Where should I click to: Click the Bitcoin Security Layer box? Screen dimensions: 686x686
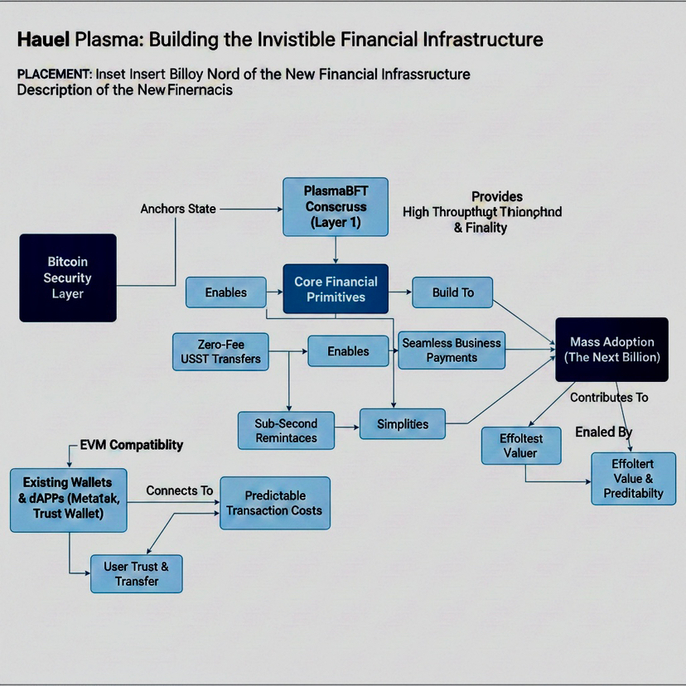67,278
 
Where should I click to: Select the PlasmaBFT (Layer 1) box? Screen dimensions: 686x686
335,206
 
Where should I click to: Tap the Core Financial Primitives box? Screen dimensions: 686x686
336,289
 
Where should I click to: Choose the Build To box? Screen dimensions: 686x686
452,292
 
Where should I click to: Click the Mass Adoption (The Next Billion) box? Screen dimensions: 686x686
611,349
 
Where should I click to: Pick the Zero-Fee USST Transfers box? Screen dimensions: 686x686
220,350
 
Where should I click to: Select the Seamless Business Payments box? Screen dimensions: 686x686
452,350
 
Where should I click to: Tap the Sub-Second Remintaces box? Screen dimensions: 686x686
286,430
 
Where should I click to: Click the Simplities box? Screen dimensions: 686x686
403,424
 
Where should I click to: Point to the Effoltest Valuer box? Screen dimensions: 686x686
520,446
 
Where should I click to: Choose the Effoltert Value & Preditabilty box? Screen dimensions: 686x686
633,479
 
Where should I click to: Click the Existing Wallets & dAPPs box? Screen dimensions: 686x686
68,499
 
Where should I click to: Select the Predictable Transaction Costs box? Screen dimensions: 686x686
274,503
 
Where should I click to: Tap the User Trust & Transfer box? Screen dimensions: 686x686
136,573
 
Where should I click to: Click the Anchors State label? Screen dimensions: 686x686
178,209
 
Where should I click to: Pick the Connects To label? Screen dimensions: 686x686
179,490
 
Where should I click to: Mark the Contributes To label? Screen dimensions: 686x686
609,398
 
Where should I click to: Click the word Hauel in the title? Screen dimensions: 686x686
43,39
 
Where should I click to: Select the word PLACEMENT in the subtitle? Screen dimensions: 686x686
54,74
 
